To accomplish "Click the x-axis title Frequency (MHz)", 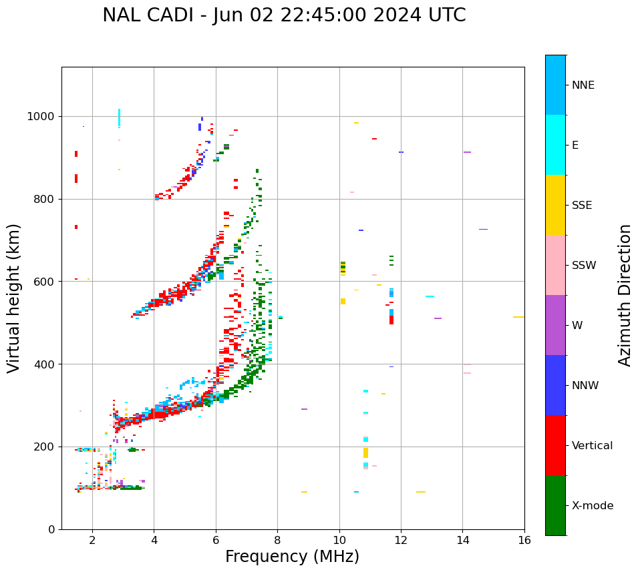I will click(x=292, y=557).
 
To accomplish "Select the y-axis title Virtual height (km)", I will click(x=14, y=298).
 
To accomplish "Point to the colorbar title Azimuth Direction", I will click(x=625, y=295).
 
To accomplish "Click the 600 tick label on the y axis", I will click(x=43, y=282).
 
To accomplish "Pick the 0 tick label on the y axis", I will click(x=51, y=529).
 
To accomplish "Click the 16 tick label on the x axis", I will click(x=524, y=540).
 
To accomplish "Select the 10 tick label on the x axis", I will click(x=339, y=540).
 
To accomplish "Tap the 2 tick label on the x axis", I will click(x=92, y=540).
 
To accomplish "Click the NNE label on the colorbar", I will click(x=583, y=85).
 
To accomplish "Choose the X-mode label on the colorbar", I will click(x=593, y=506).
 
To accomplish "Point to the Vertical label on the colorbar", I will click(x=592, y=446).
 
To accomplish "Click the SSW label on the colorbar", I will click(x=584, y=266).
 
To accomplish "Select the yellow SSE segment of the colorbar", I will click(x=555, y=205).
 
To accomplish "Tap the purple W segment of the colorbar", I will click(x=555, y=325).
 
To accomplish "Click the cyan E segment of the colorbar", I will click(x=555, y=145).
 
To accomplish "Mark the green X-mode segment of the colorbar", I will click(x=555, y=505).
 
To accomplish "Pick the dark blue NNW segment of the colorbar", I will click(x=555, y=385).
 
